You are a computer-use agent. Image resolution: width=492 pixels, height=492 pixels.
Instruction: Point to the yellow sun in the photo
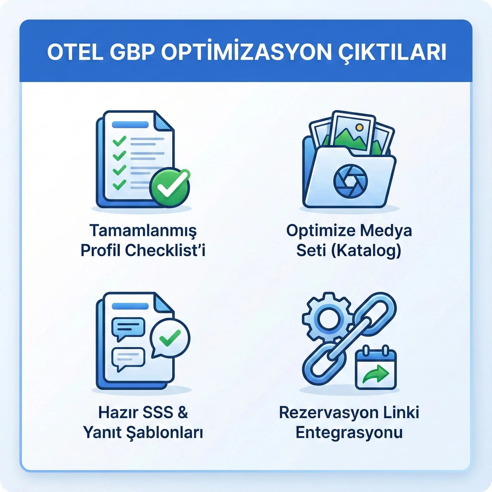coord(359,127)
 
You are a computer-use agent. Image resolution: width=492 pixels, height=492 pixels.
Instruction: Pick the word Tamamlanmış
coord(143,230)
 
